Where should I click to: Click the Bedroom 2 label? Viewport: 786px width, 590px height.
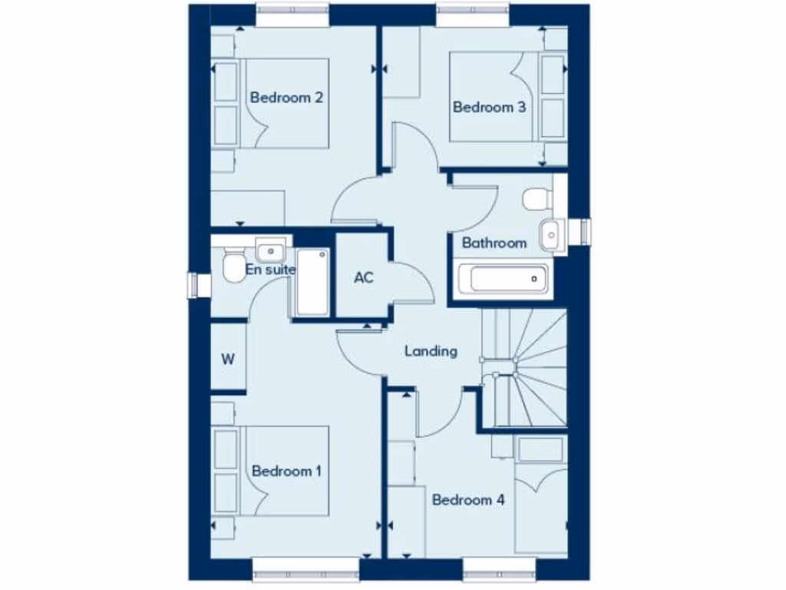[286, 98]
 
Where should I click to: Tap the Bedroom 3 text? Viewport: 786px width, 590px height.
[489, 107]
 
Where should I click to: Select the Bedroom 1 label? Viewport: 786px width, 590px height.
[286, 471]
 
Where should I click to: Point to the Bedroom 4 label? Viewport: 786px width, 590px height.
[468, 500]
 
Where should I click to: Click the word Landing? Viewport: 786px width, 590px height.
[431, 351]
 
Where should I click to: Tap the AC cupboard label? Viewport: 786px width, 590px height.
[364, 277]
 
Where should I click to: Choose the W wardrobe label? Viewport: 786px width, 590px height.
[228, 360]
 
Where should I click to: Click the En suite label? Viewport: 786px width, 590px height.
[270, 270]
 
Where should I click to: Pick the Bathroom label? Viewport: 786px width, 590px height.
[494, 243]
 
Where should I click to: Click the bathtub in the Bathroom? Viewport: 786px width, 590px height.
[502, 277]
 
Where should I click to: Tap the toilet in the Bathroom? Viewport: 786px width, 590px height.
[538, 200]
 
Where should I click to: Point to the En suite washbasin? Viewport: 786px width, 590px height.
[270, 250]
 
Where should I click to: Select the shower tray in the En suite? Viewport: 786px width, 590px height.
[312, 282]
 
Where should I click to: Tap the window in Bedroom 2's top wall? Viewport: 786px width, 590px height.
[292, 15]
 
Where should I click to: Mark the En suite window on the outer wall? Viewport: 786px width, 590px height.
[200, 285]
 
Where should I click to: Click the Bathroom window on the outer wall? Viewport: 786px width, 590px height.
[586, 232]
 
